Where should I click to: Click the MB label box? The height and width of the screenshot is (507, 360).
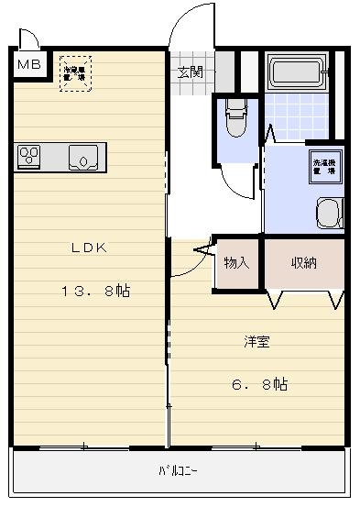click(x=28, y=64)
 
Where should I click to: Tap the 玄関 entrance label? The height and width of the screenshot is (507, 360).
click(x=191, y=72)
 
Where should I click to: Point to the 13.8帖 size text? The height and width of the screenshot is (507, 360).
click(x=95, y=291)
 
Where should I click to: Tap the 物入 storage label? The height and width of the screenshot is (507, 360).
click(x=236, y=262)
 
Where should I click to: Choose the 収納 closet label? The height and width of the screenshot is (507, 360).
click(x=304, y=262)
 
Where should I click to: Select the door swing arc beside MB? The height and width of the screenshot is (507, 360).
click(x=28, y=39)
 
